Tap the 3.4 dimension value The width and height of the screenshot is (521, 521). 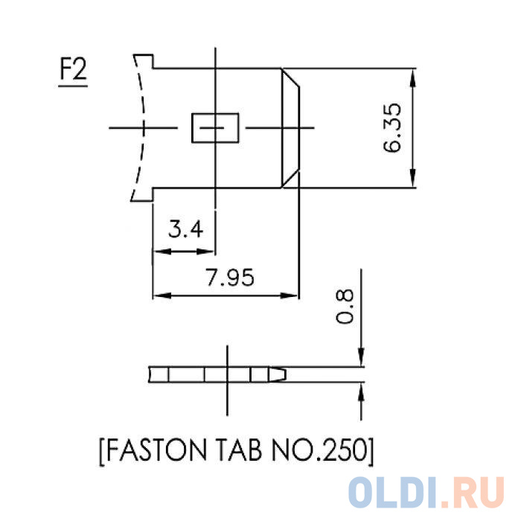click(x=185, y=229)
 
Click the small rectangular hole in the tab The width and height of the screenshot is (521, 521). click(x=215, y=128)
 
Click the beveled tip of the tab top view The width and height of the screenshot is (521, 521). click(x=290, y=128)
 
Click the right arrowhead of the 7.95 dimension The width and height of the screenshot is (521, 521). click(x=293, y=295)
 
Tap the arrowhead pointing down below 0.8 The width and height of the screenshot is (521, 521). click(x=362, y=360)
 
